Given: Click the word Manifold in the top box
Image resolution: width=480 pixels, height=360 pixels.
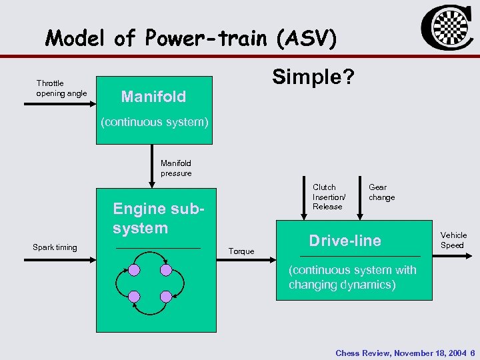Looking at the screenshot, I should [x=153, y=97].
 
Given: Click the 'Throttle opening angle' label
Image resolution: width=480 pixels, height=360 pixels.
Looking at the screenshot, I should [x=61, y=88].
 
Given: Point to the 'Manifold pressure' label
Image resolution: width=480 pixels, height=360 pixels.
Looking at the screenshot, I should [x=176, y=168].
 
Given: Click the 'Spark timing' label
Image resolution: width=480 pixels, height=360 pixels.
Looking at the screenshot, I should [x=55, y=247].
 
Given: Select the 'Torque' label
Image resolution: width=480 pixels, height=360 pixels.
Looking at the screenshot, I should [x=241, y=251].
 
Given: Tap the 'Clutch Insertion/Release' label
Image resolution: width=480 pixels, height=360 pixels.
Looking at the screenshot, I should [x=328, y=197].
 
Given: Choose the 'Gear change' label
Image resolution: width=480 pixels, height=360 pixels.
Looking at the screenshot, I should [x=381, y=192].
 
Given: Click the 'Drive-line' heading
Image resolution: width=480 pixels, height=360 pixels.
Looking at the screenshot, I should [x=345, y=241].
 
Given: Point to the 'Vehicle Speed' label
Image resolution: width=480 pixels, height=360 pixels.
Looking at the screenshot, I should [x=453, y=240].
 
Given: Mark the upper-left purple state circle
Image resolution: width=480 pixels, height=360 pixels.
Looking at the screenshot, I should [x=135, y=270].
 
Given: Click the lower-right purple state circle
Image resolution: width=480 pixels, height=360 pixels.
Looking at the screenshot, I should [x=166, y=296].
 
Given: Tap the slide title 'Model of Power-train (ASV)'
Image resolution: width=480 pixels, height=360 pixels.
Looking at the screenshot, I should [x=191, y=39].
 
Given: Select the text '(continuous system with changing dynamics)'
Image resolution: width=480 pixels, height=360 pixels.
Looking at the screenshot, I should [x=352, y=277].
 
